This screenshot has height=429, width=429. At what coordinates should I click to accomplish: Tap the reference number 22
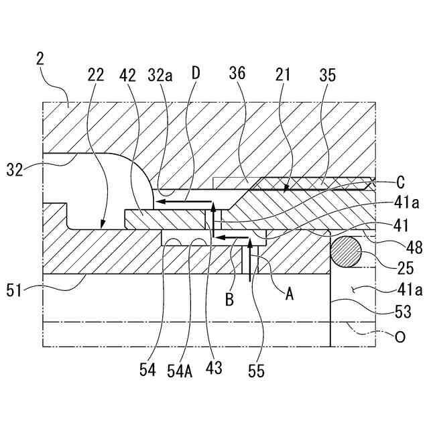96,74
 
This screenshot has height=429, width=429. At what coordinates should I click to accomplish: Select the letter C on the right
400,181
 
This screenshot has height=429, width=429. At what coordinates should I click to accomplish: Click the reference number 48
395,247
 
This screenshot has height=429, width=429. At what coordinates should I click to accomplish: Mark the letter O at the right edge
400,339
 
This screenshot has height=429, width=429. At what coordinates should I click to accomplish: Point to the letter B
229,300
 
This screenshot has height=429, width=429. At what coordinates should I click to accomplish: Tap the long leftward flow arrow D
181,200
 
